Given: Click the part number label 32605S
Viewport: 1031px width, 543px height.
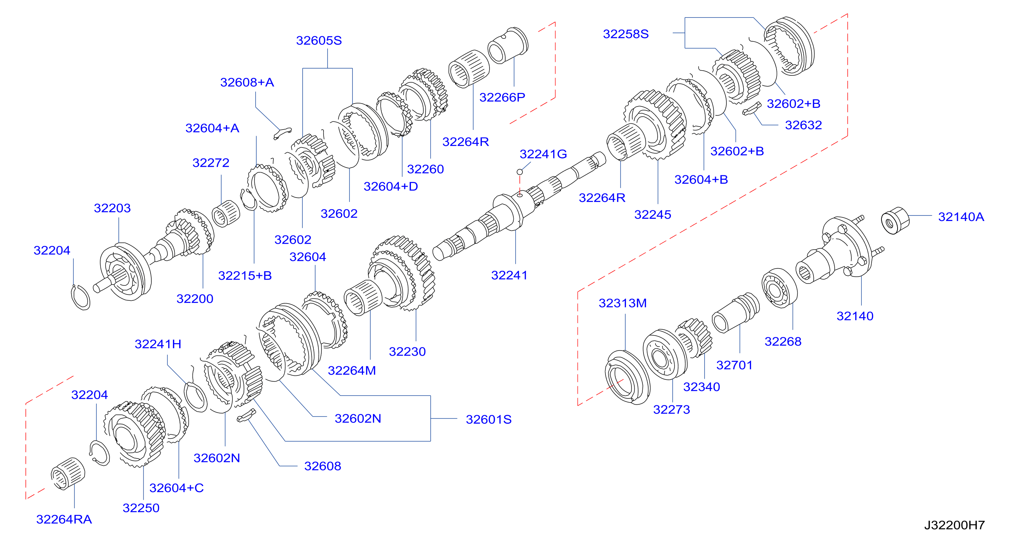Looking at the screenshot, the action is [318, 41].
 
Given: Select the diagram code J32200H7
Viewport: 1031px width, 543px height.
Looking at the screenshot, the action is [954, 525].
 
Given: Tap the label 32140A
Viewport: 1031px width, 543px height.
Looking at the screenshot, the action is [961, 217].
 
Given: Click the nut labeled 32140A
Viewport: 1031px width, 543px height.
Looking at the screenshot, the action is [895, 220].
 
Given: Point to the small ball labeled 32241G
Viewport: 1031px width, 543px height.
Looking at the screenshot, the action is [520, 172].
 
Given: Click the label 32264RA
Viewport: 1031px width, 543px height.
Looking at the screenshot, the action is [64, 519].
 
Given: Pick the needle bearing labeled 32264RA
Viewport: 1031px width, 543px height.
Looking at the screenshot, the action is [68, 473].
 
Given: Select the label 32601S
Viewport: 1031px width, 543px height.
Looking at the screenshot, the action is [489, 419].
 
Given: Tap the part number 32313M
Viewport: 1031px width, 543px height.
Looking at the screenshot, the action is [622, 303].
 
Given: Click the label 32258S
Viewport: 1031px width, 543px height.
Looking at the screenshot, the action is [626, 34].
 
